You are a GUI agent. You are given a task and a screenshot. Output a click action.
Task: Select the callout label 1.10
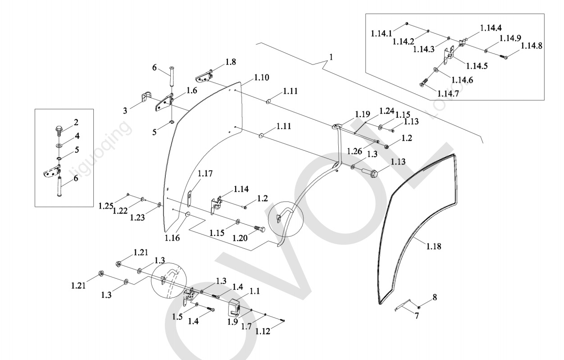[x=261, y=78]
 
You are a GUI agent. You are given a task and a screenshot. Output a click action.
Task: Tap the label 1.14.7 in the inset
[x=449, y=93]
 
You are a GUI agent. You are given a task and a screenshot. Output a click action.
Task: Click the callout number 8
[x=434, y=297]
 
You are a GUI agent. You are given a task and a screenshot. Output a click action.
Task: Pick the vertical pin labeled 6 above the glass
[x=171, y=77]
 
